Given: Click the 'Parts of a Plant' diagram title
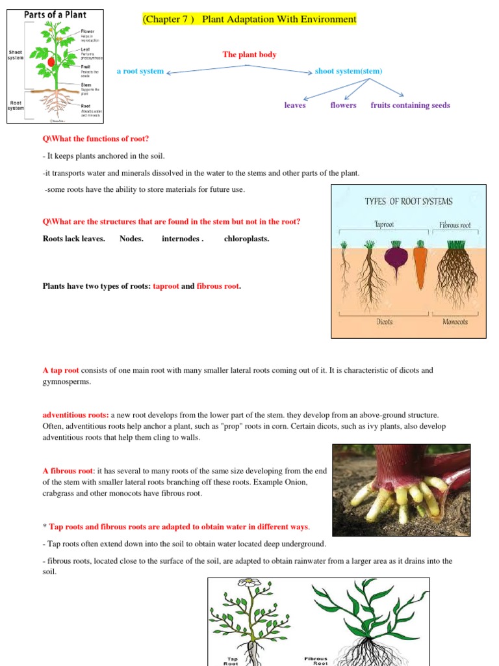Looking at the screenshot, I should coord(55,14).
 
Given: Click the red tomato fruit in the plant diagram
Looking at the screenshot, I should coord(51,62).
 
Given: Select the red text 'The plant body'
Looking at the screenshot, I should coord(249,55).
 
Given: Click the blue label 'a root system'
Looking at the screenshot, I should coord(140,71).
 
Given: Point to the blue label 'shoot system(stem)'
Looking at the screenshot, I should coord(348,71).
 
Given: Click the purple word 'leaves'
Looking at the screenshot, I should coord(295,105).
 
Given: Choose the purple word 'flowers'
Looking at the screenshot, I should coord(343,105).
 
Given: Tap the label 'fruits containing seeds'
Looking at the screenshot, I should coord(410,105).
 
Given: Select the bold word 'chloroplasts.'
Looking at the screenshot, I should coord(246,239).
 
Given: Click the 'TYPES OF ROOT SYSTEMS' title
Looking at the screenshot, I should coord(409,202).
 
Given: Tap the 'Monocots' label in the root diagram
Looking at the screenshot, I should coord(455,321).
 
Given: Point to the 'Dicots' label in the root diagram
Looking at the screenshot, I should coord(385,321).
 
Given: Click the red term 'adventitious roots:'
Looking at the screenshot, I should coord(75,414).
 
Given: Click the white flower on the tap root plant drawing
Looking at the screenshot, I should coord(253,583).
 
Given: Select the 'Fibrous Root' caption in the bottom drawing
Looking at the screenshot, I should coord(316,661).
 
